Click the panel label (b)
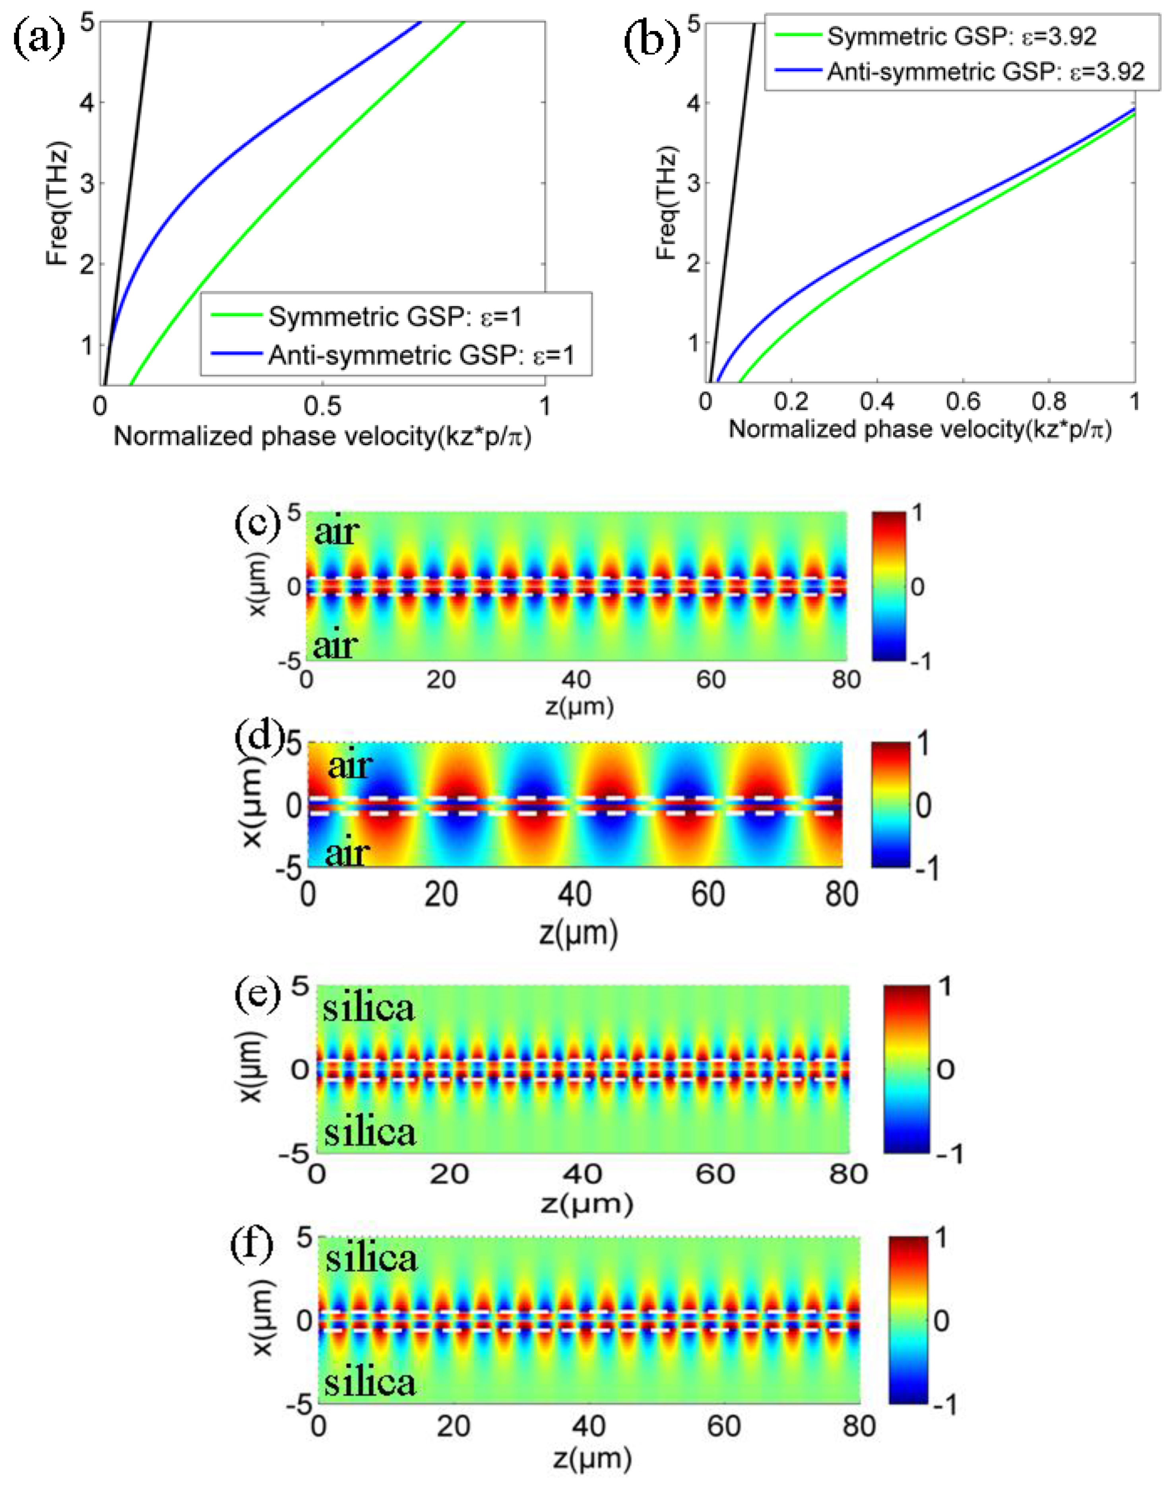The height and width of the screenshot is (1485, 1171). pos(651,41)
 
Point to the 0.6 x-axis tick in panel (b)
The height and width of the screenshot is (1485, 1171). pos(963,401)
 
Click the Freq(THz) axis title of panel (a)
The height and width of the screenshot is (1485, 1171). pos(58,203)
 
